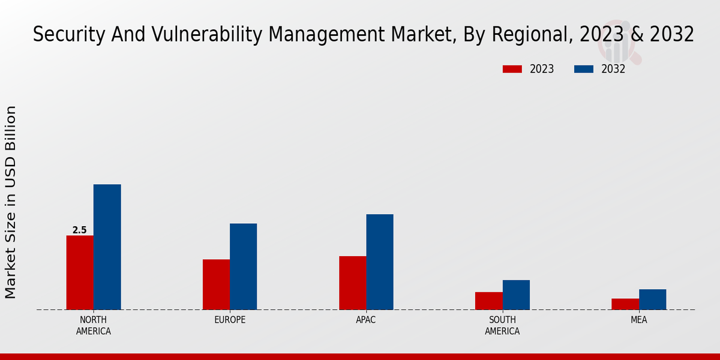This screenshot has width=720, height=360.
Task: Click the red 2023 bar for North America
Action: pyautogui.click(x=80, y=272)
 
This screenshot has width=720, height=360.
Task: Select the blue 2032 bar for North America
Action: pyautogui.click(x=107, y=247)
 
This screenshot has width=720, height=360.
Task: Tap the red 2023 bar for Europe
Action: pyautogui.click(x=216, y=284)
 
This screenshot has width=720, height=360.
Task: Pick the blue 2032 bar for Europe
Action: pyautogui.click(x=243, y=266)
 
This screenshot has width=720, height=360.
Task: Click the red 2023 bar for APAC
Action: pyautogui.click(x=352, y=283)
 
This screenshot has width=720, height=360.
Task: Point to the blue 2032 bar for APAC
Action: pyautogui.click(x=380, y=262)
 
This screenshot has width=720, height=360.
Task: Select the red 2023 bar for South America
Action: pyautogui.click(x=488, y=301)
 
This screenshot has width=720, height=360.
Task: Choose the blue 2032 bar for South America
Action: pyautogui.click(x=516, y=295)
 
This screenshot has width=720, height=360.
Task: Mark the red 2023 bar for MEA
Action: pyautogui.click(x=625, y=304)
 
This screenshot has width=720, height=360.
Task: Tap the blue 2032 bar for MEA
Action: pyautogui.click(x=652, y=299)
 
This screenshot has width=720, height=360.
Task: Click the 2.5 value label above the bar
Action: pyautogui.click(x=79, y=230)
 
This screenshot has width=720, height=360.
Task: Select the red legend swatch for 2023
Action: pyautogui.click(x=512, y=69)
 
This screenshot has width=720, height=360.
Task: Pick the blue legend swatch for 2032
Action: pyautogui.click(x=583, y=69)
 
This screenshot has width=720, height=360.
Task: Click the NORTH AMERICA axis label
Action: pyautogui.click(x=93, y=325)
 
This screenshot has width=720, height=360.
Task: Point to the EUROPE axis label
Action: pyautogui.click(x=230, y=320)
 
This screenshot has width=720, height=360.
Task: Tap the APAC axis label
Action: pyautogui.click(x=366, y=320)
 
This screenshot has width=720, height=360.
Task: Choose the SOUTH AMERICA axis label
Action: pyautogui.click(x=502, y=325)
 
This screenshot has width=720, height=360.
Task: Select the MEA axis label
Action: pyautogui.click(x=638, y=320)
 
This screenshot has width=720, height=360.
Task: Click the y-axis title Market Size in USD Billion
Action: pyautogui.click(x=11, y=202)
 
